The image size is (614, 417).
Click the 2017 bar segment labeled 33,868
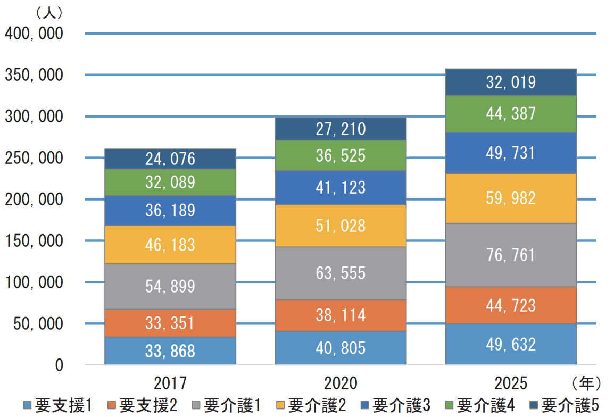coord(170,351)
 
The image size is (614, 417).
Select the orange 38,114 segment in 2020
coord(341,315)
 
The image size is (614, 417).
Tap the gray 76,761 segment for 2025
coord(511,255)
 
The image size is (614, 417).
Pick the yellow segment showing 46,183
coord(170,245)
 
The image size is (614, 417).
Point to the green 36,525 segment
coord(341,155)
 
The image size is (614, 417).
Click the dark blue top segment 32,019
coord(511,82)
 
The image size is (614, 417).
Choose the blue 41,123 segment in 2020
coord(341,187)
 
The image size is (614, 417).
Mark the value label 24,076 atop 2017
coord(170,159)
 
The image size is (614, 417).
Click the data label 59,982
coord(511,198)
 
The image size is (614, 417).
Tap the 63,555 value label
coord(341,273)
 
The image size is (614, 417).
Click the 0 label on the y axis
coord(59,365)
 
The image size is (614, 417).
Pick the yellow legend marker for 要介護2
coord(280,406)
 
